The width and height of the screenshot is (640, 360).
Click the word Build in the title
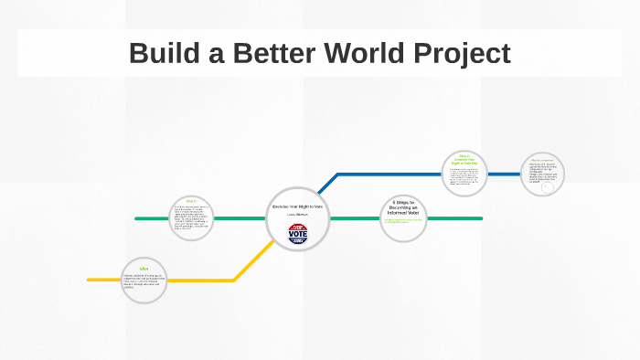(160, 53)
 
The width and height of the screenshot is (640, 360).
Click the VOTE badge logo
(298, 233)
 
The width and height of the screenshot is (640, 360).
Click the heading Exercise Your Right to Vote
(298, 206)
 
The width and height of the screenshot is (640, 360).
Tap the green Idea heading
(144, 268)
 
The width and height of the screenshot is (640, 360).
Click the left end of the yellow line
(90, 280)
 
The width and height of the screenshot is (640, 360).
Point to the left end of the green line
(137, 218)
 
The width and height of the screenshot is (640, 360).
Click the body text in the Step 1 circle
(191, 218)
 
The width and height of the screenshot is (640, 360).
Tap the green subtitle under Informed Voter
(403, 221)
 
